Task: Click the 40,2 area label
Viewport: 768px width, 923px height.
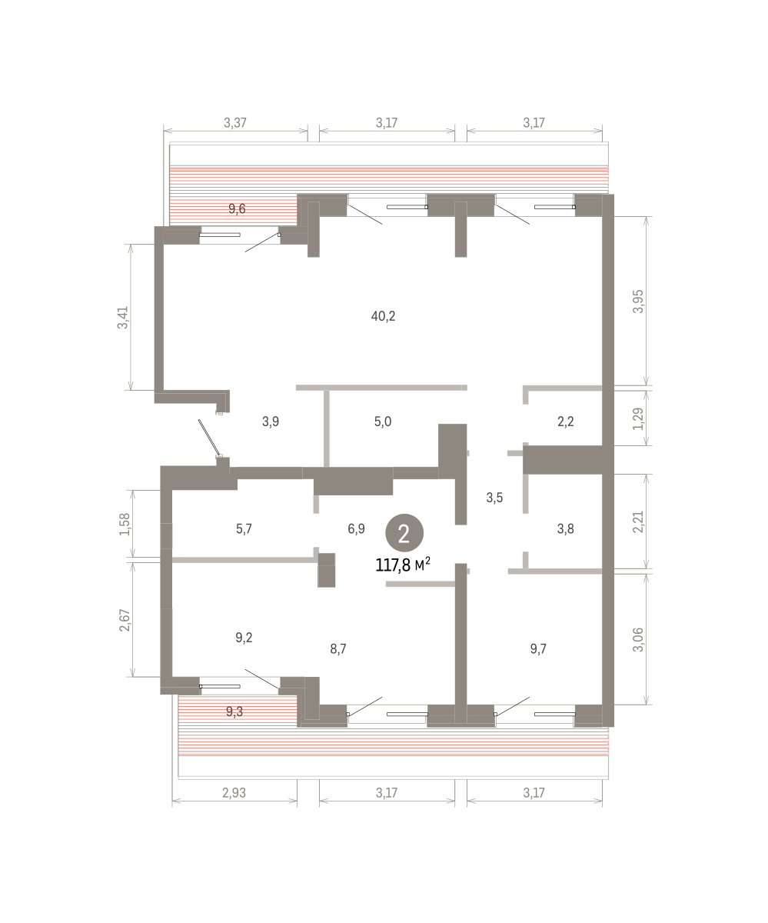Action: pos(383,316)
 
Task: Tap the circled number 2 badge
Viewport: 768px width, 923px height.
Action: pos(404,533)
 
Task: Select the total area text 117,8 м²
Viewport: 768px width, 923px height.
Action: pos(403,565)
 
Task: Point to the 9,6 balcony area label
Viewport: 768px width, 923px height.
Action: pos(237,208)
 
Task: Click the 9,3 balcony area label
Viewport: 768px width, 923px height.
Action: pos(234,711)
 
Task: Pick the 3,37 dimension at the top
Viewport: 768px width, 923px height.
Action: pos(234,122)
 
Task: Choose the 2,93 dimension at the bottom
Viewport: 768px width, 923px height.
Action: pos(234,792)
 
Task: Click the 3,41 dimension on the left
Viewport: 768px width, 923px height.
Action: pos(123,318)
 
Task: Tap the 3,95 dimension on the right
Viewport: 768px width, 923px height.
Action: pos(639,302)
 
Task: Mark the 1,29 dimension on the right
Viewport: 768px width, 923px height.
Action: pos(639,418)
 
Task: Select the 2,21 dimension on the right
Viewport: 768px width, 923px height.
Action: pos(639,521)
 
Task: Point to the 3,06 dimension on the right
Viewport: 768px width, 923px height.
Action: pos(639,640)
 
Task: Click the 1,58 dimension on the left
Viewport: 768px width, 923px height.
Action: pos(125,525)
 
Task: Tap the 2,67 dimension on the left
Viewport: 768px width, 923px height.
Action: pos(125,620)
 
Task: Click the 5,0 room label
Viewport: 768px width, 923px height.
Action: pos(383,422)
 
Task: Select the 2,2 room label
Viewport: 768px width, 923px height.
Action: pos(566,422)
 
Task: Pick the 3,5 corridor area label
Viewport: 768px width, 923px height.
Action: pos(494,498)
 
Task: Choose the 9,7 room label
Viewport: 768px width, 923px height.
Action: pos(538,649)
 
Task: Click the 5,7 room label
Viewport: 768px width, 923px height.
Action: pos(244,528)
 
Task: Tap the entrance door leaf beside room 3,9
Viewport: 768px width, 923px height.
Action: pos(209,438)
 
